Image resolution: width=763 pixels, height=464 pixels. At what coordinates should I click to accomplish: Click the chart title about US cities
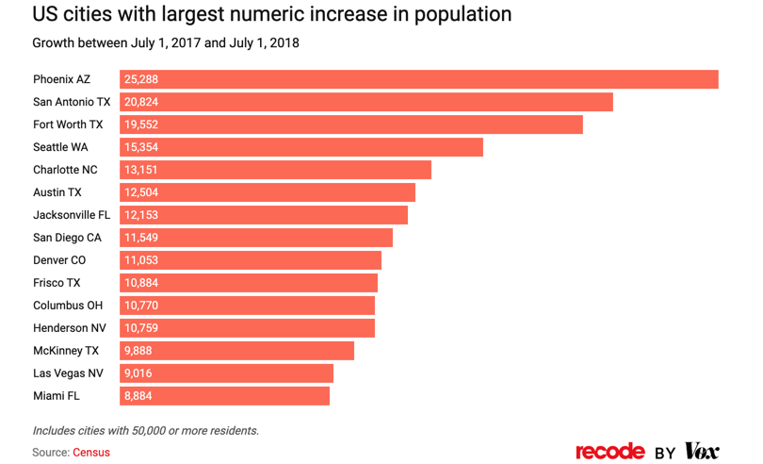[272, 15]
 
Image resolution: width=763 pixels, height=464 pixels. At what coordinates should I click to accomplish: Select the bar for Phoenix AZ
[419, 79]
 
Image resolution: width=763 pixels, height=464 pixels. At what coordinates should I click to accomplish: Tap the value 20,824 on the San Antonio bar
[141, 102]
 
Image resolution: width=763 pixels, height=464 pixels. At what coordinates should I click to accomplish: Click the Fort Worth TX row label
[68, 124]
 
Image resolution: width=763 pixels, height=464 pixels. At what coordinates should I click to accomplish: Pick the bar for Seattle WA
[301, 147]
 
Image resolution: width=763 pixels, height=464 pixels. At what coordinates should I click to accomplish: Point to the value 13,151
[141, 170]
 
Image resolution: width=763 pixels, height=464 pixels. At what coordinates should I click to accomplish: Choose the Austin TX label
[57, 192]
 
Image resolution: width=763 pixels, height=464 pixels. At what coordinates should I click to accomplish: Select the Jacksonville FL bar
[264, 215]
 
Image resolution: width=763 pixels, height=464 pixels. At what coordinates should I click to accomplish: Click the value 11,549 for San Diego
[141, 238]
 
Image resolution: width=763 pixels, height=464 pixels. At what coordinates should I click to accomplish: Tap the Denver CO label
[59, 260]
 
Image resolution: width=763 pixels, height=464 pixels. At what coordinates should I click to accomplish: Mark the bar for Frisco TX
[249, 283]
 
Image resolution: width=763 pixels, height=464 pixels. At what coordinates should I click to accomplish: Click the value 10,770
[141, 306]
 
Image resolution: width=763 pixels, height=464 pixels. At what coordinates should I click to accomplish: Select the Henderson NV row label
[70, 328]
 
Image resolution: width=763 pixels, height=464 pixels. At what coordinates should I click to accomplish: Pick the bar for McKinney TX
[237, 351]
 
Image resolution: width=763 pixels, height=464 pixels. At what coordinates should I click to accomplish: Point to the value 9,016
[138, 373]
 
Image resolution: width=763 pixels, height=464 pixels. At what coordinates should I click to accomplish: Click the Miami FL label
[57, 396]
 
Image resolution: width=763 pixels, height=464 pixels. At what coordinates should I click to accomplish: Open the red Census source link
[91, 453]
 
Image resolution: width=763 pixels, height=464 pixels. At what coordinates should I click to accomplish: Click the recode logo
[610, 452]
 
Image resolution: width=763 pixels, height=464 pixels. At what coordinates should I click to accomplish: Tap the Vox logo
[702, 452]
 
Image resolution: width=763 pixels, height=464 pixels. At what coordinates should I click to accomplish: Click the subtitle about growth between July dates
[166, 43]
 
